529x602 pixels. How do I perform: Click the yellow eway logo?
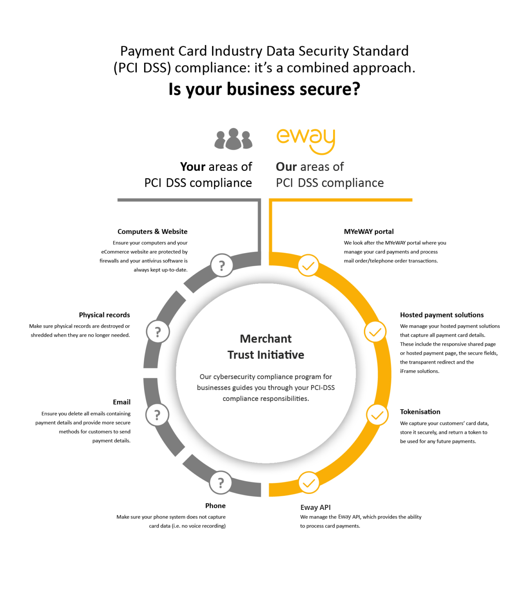click(x=306, y=140)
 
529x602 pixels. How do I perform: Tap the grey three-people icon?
click(x=233, y=139)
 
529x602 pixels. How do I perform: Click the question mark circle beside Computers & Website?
click(x=222, y=265)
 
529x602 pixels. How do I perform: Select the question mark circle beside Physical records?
click(x=158, y=332)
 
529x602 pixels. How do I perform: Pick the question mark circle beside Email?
click(x=157, y=415)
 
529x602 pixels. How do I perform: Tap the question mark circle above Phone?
click(x=221, y=482)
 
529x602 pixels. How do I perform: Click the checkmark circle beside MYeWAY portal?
click(x=308, y=265)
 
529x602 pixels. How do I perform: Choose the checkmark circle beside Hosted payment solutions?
click(x=375, y=332)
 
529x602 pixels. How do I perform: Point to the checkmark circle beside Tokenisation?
click(x=377, y=415)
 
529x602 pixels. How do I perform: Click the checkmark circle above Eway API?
click(x=309, y=482)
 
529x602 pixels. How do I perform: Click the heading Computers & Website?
click(x=152, y=232)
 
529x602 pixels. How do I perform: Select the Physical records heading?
click(x=104, y=315)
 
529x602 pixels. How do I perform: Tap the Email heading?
click(x=121, y=402)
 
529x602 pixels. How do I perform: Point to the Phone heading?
click(x=215, y=506)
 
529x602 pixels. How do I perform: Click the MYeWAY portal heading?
click(x=369, y=232)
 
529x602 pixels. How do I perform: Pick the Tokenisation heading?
click(x=420, y=412)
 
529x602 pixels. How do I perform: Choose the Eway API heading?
click(x=315, y=508)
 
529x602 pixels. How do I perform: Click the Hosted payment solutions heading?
click(x=442, y=315)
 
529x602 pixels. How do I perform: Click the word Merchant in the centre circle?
click(x=266, y=339)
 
